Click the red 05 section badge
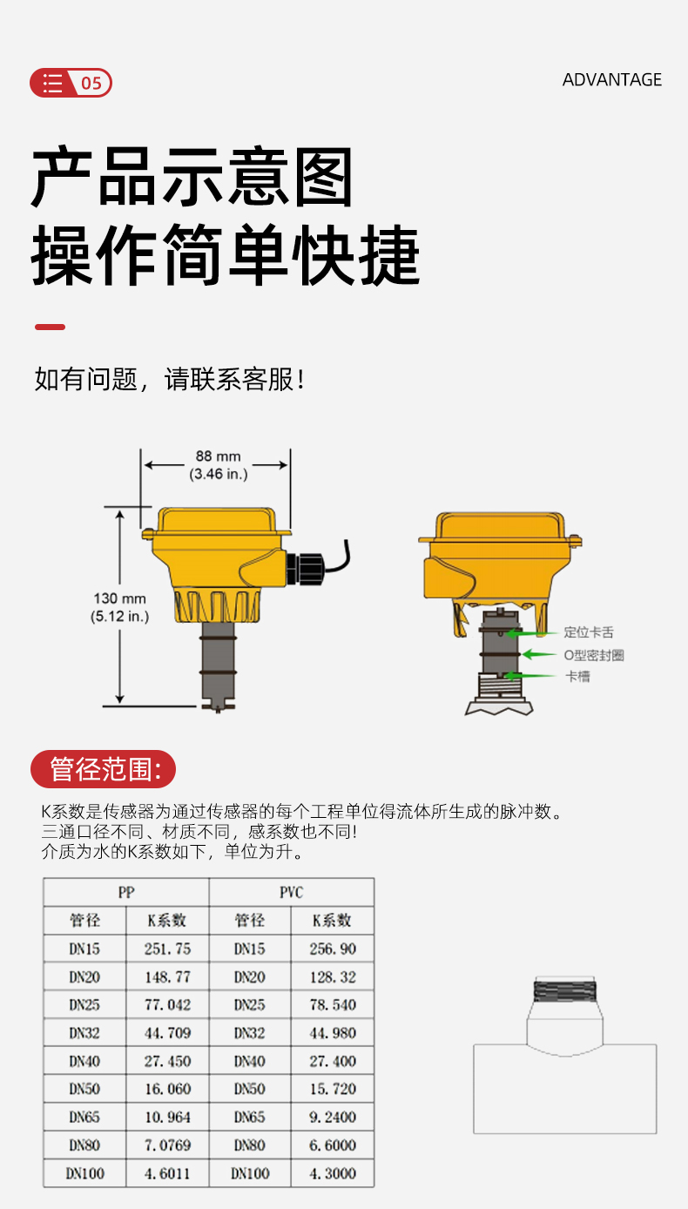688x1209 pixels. click(71, 83)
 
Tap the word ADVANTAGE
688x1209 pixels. click(612, 80)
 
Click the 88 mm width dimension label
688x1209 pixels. click(218, 465)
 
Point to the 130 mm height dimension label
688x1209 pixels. click(120, 607)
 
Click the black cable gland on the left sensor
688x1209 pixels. click(305, 568)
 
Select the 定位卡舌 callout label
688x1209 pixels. click(589, 632)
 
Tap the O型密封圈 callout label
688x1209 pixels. click(594, 655)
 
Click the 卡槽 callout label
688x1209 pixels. click(577, 676)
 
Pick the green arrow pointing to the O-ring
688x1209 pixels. click(539, 654)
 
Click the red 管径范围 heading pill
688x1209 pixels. click(103, 768)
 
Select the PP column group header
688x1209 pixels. click(126, 892)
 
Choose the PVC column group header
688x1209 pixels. click(292, 892)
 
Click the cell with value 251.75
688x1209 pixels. click(167, 949)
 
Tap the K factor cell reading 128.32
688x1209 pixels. click(333, 977)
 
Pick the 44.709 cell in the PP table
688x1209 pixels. click(167, 1033)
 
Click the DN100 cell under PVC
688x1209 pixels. click(250, 1173)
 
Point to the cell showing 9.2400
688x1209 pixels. click(333, 1118)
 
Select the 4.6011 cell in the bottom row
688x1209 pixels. click(167, 1173)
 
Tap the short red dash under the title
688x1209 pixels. click(51, 328)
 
